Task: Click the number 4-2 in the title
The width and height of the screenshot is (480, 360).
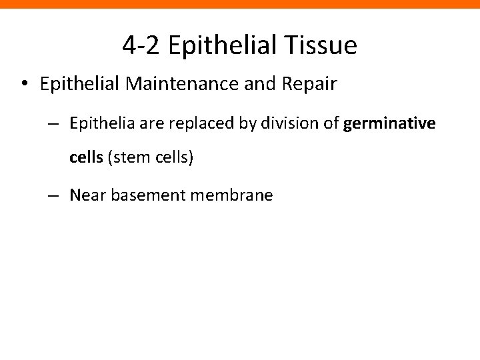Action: [x=142, y=45]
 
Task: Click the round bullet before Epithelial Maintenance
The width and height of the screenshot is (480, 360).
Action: [x=24, y=86]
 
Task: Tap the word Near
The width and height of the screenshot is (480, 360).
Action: [x=83, y=197]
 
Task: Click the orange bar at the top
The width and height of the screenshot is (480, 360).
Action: [x=240, y=4]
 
